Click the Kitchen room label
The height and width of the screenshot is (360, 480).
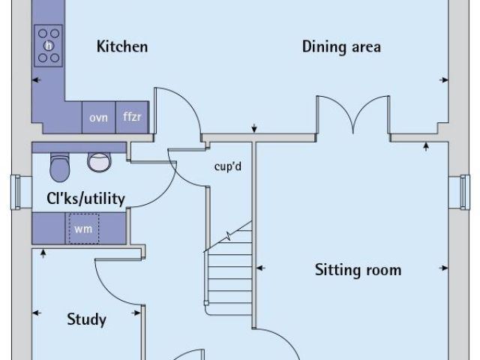pos(122,46)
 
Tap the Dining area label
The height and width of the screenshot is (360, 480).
pos(341,46)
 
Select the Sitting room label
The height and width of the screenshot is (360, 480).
pos(358,270)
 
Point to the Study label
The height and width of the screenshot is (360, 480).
pos(86,319)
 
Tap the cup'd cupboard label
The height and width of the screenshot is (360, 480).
pos(227,166)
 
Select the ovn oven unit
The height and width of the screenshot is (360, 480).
pos(98,118)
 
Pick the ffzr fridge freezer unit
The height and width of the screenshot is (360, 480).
pos(133,118)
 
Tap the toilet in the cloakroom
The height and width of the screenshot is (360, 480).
pos(58,166)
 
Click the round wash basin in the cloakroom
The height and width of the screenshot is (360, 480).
pos(97,160)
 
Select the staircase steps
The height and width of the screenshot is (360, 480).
pos(228,270)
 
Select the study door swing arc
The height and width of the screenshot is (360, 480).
pos(116,281)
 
